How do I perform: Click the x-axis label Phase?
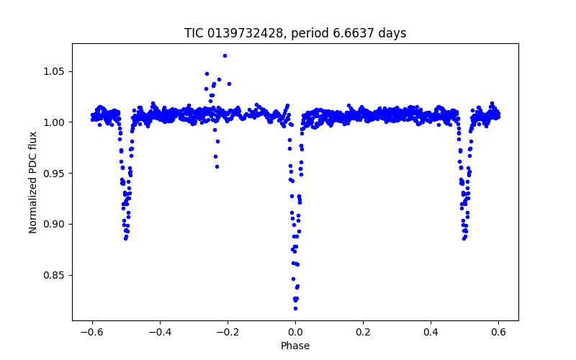(295, 346)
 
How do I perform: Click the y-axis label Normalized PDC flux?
(33, 181)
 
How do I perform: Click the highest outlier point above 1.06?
(225, 55)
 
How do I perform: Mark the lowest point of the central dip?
(295, 308)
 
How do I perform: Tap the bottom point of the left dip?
(125, 238)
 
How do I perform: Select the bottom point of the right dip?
(464, 238)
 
